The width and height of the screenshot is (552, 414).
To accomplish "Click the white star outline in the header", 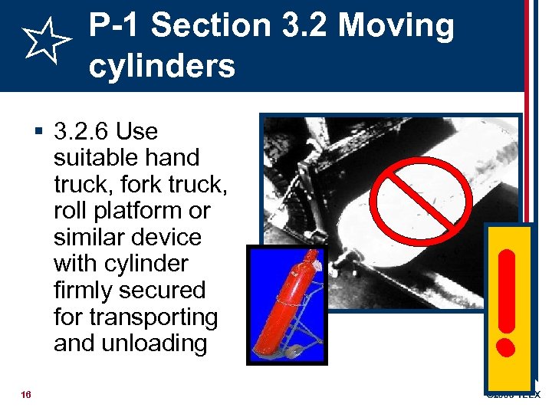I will (x=47, y=43).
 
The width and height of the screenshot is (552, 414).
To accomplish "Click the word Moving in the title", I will (x=396, y=26).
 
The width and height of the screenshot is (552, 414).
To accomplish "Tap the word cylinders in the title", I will (x=162, y=67).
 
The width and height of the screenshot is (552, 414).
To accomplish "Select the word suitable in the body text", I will (x=89, y=158).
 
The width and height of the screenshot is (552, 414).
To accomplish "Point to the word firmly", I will (x=84, y=291).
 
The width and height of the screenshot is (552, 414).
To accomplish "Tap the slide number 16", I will (x=26, y=395).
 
